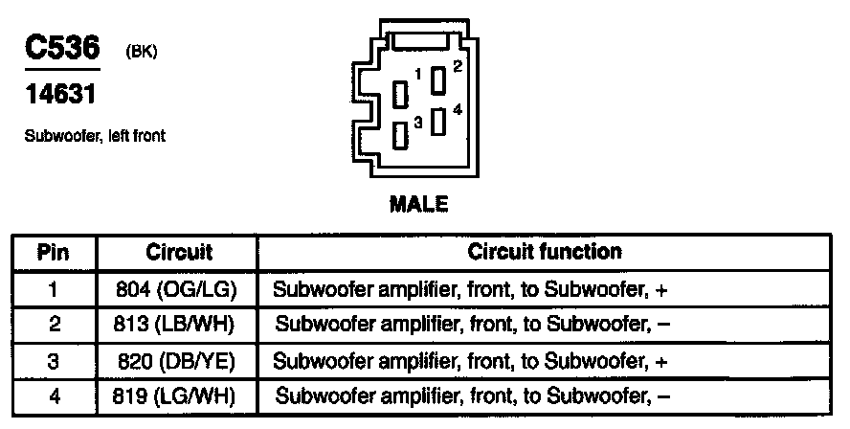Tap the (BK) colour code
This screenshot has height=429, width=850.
141,53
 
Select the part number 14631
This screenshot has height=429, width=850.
59,96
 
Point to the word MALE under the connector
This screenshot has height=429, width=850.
418,204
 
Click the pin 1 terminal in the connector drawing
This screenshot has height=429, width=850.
403,94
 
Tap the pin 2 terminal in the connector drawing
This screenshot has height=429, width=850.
438,80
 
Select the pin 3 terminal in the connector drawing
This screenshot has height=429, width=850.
403,135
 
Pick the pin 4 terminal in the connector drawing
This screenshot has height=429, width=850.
438,123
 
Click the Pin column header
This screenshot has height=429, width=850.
54,253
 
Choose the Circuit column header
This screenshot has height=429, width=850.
179,253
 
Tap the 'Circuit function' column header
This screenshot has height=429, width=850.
545,253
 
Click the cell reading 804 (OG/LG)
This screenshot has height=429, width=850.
179,288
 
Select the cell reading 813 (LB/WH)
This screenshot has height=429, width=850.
179,324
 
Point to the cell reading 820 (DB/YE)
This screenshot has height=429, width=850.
179,361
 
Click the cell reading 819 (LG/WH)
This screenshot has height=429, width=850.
179,395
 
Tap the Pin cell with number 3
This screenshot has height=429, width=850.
54,361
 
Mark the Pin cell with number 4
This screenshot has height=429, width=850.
54,395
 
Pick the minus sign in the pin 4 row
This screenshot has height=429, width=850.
663,395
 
